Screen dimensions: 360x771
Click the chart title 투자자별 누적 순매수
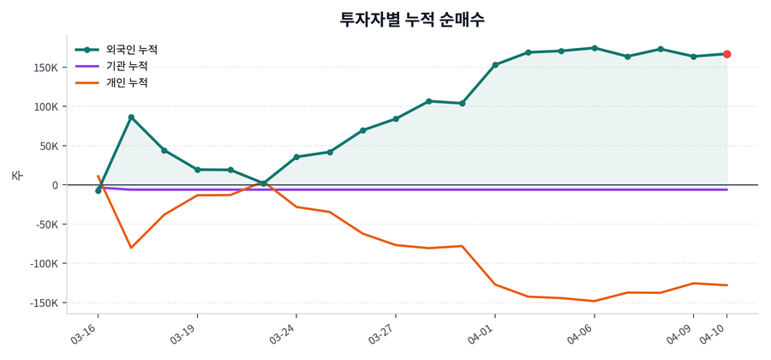click(412, 19)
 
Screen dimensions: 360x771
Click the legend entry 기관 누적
click(126, 66)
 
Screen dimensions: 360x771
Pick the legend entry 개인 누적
click(126, 83)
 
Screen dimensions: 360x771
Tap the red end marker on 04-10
click(726, 54)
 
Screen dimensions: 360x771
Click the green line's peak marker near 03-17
click(131, 117)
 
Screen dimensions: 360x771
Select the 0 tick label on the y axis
click(54, 185)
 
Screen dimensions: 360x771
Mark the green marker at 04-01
click(495, 65)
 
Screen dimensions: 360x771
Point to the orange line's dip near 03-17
click(131, 248)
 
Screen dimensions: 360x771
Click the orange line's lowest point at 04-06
click(595, 301)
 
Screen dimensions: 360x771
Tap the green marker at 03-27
click(396, 119)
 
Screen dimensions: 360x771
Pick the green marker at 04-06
click(595, 48)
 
